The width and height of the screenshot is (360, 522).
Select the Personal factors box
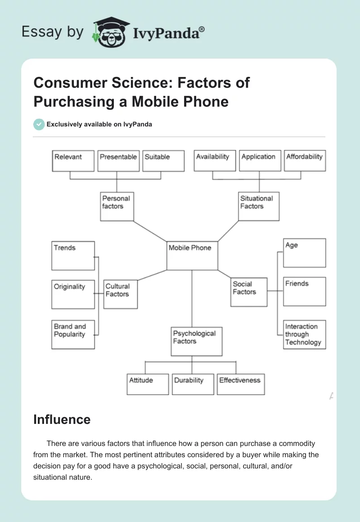(117, 206)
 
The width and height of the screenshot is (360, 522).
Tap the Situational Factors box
(259, 206)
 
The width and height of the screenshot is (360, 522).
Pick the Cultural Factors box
(120, 293)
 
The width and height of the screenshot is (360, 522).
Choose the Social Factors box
(249, 292)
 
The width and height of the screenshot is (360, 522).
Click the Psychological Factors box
(197, 341)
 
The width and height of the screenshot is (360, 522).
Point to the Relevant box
(73, 161)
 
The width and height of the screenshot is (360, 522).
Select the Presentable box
(118, 161)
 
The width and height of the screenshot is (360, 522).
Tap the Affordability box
(305, 161)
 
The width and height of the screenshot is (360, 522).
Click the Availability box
(215, 161)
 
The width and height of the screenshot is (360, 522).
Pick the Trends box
(73, 256)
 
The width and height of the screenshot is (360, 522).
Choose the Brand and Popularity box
(73, 334)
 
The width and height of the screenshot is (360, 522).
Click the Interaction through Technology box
(305, 334)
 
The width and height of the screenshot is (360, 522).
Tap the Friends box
(305, 292)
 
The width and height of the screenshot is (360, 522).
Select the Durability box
(193, 384)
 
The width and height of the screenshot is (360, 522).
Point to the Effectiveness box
(241, 384)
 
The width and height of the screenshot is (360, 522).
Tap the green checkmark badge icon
(39, 124)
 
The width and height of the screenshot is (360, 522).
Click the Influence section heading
(62, 420)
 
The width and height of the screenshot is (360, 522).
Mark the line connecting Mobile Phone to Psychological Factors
(192, 299)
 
